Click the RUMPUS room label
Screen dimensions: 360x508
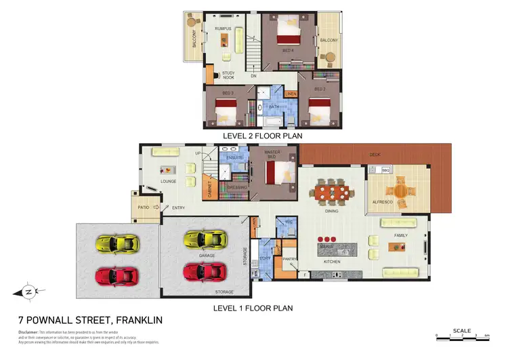click(x=224, y=28)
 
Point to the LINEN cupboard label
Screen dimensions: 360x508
click(x=291, y=94)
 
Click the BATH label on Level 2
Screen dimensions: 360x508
click(x=274, y=106)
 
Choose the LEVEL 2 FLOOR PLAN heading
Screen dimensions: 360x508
click(x=262, y=136)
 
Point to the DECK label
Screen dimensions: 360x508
click(x=375, y=155)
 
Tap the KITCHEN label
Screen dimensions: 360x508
click(x=332, y=261)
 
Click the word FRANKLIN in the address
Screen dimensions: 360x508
click(x=139, y=319)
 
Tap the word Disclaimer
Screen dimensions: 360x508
click(x=30, y=332)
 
